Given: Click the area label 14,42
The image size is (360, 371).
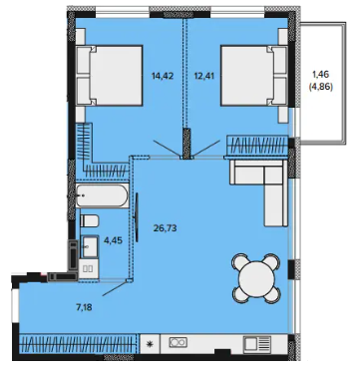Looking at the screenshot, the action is (163, 76).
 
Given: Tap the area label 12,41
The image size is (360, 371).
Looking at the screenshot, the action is (204, 76).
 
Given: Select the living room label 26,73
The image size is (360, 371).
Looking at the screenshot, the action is (165, 228).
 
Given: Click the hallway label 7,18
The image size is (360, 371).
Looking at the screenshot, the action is (84, 307).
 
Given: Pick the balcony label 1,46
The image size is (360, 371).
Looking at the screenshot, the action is (322, 73).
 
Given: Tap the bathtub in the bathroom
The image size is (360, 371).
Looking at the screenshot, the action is (102, 195).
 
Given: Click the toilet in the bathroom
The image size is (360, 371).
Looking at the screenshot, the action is (90, 220).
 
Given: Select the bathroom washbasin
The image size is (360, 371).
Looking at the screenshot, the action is (90, 246).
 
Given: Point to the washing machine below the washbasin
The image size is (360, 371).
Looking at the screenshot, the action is (88, 269).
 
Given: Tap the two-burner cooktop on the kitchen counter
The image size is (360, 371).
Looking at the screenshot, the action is (179, 342).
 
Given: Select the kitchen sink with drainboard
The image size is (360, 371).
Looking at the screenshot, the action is (257, 344).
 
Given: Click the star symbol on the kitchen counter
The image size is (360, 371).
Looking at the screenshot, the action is (150, 344).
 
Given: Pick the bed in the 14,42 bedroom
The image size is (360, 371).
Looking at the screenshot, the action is (109, 76).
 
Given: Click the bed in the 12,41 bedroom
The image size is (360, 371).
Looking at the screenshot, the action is (254, 76).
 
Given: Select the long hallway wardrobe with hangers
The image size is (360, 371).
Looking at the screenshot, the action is (78, 344).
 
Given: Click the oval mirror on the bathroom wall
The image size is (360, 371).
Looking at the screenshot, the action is (137, 217).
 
